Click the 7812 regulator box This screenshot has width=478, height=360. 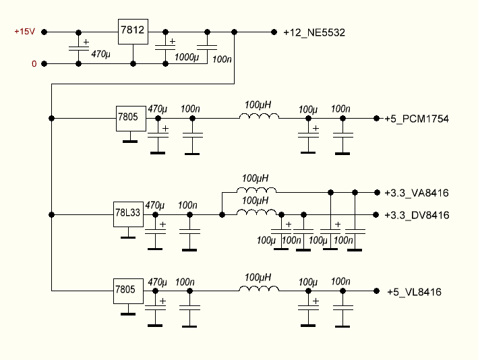[x=133, y=30]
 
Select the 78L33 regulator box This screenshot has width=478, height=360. [x=128, y=214]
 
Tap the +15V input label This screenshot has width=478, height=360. [x=24, y=32]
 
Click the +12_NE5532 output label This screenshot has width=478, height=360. [x=314, y=32]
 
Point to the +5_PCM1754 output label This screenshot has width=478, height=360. [x=417, y=119]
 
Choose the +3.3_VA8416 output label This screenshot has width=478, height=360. [x=417, y=193]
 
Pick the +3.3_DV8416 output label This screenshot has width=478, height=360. [x=417, y=216]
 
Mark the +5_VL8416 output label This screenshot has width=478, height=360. [x=414, y=292]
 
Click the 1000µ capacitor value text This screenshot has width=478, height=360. [x=186, y=59]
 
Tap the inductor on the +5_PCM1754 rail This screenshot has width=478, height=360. [x=259, y=117]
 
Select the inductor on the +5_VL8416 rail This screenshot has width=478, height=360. [x=259, y=290]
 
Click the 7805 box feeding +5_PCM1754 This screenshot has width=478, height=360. [x=128, y=117]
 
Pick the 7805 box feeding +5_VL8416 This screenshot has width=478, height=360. [x=125, y=290]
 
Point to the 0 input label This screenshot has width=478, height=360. [x=34, y=64]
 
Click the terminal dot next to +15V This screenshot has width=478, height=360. [x=44, y=32]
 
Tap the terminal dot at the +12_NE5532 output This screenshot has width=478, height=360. [x=274, y=32]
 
